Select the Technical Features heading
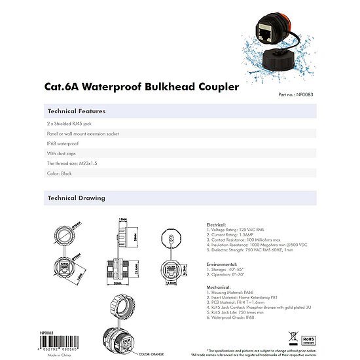77,111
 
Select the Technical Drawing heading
76,198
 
